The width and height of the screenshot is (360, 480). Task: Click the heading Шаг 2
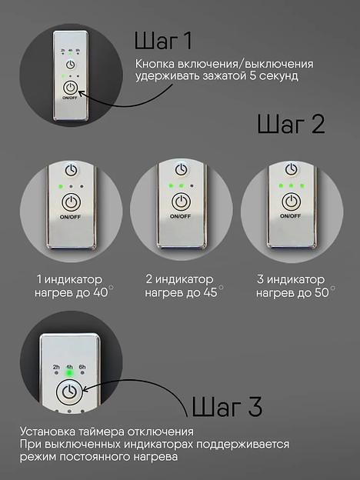coord(291,124)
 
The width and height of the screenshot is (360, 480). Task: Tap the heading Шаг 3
coord(226,405)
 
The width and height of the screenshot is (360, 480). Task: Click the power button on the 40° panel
coord(71,202)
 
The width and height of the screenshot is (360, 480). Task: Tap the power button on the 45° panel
coord(181,202)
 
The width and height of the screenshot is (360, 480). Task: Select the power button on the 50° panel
coord(290,202)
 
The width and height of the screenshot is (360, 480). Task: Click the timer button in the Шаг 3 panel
coord(69,392)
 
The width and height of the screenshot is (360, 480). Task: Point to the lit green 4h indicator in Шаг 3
coord(69,374)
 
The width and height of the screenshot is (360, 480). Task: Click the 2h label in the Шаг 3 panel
coord(55,367)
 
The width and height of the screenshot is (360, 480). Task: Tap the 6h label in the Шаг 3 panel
coord(82,367)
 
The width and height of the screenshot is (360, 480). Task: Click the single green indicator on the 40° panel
coord(58,186)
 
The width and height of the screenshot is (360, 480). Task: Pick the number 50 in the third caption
coord(321,293)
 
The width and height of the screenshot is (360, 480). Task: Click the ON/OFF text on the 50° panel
coord(290,218)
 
